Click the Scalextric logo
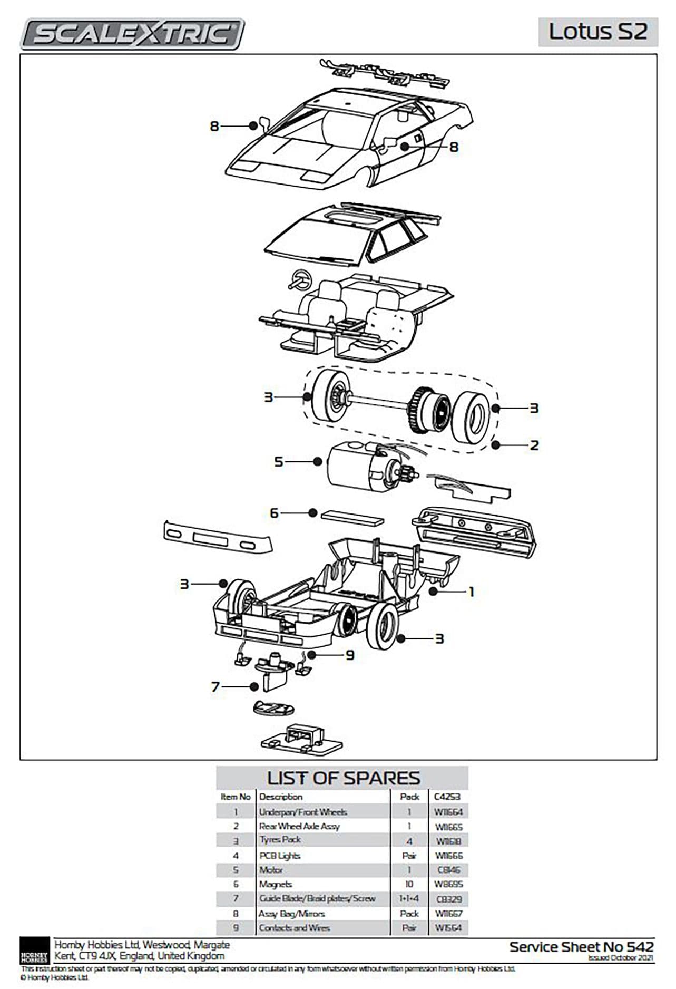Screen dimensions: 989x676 [x=132, y=34]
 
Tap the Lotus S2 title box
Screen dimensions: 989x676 [x=598, y=32]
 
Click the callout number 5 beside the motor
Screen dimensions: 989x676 [x=279, y=462]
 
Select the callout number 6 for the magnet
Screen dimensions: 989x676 [x=274, y=513]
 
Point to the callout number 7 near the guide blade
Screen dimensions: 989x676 [x=215, y=687]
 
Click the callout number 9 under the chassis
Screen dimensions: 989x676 [x=350, y=655]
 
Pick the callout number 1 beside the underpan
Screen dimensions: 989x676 [x=472, y=592]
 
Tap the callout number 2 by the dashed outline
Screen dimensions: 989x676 [x=534, y=445]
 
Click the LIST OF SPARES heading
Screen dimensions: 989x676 [x=343, y=778]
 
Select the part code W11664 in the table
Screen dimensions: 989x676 [x=448, y=812]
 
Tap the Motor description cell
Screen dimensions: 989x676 [x=271, y=870]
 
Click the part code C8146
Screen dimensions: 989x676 [x=448, y=870]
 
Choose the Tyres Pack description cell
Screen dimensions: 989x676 [x=280, y=840]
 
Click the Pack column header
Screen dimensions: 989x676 [x=409, y=797]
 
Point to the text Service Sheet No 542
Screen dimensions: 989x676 [x=581, y=947]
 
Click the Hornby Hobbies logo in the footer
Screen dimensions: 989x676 [x=34, y=951]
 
